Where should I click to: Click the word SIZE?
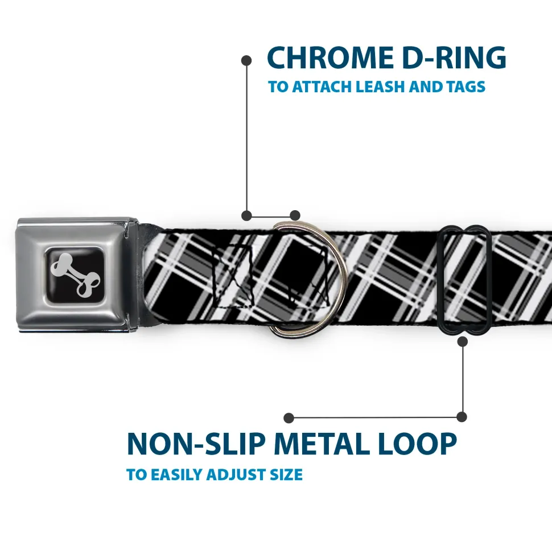[x=286, y=474]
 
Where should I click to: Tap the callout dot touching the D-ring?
[x=294, y=215]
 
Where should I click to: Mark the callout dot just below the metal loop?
[x=462, y=341]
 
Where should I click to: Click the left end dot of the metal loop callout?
[x=289, y=417]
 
